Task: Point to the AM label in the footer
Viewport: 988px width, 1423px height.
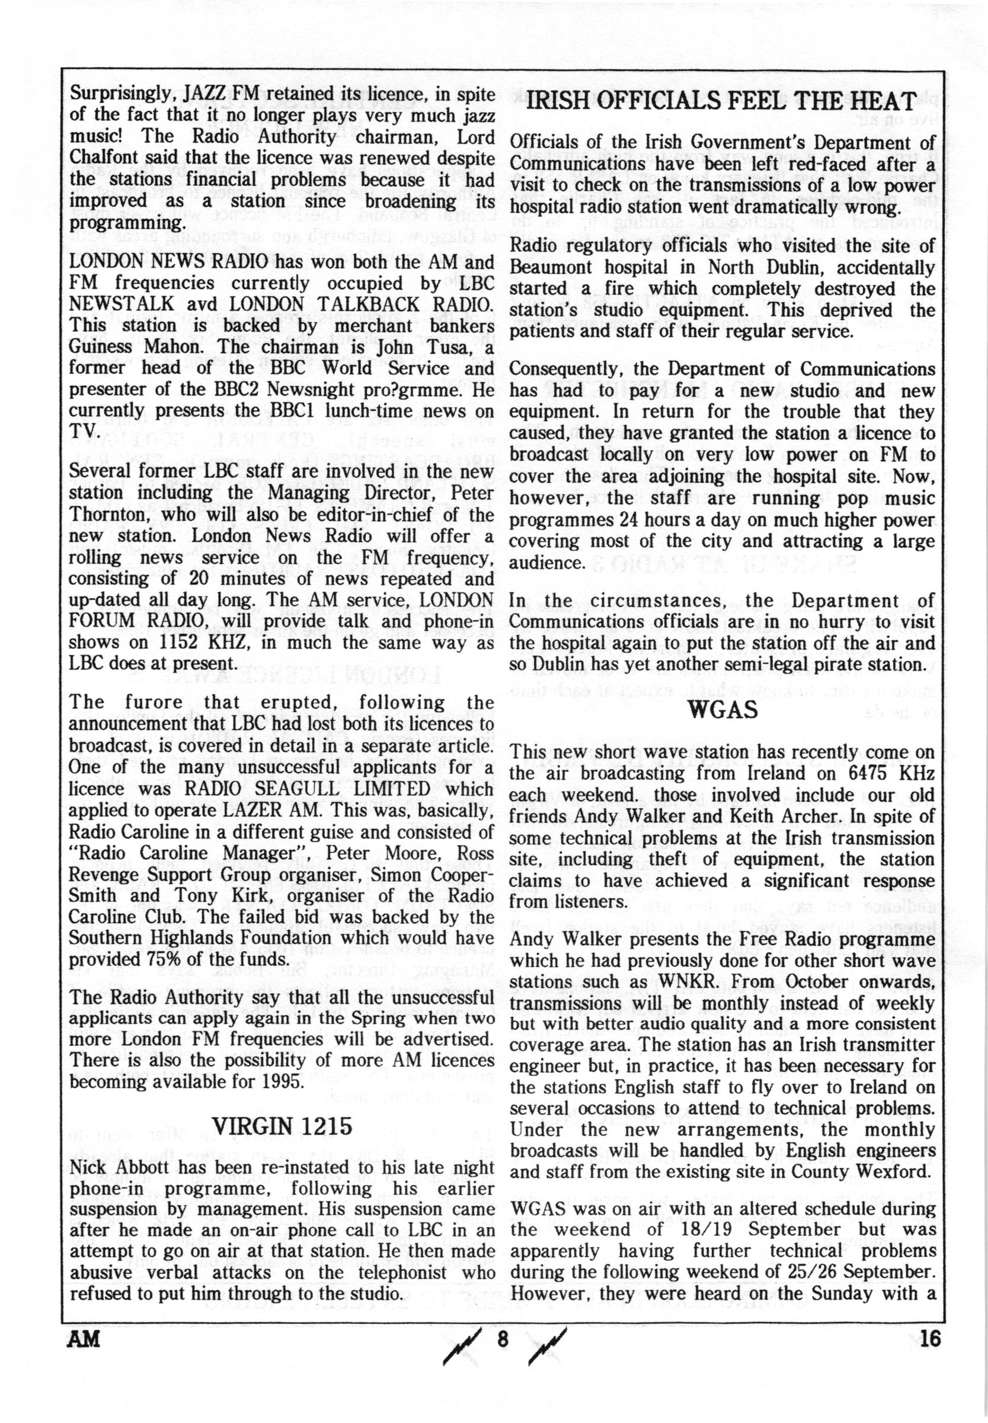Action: [x=85, y=1336]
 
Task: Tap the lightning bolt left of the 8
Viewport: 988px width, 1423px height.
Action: [x=456, y=1339]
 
